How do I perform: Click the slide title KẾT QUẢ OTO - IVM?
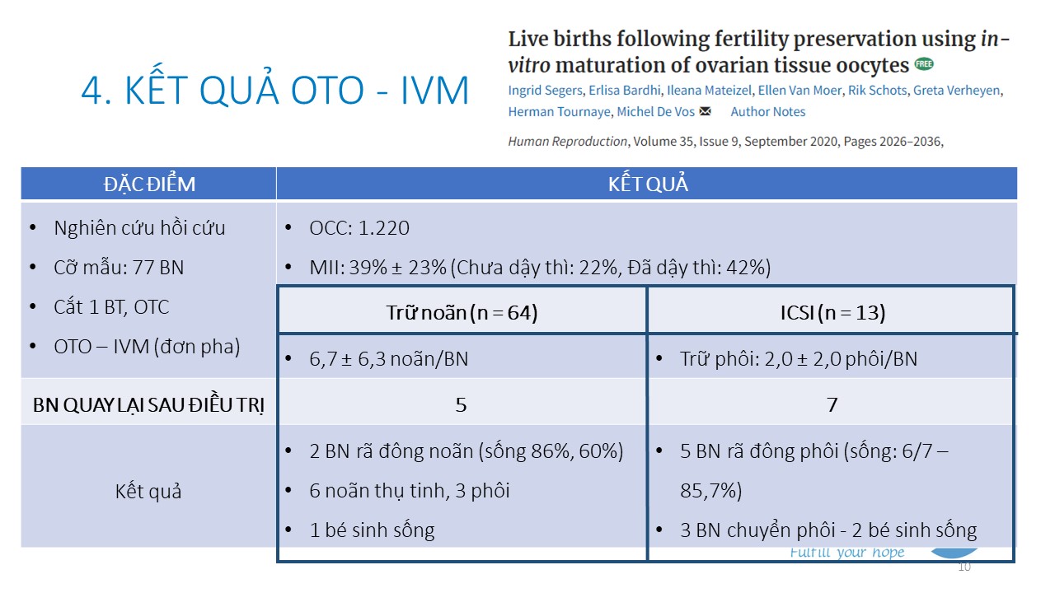(x=274, y=91)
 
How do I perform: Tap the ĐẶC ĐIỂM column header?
(x=149, y=184)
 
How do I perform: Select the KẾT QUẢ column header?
(x=647, y=184)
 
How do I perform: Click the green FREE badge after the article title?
(x=924, y=64)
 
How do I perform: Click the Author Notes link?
(x=768, y=112)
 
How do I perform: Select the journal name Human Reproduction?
(x=567, y=142)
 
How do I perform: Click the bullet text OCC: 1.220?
(x=359, y=228)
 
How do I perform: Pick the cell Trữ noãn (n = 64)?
(x=462, y=313)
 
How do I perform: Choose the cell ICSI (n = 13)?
(x=832, y=313)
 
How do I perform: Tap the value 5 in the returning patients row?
(x=462, y=404)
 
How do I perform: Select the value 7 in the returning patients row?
(x=832, y=404)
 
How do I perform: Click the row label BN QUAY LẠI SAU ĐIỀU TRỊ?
(x=148, y=405)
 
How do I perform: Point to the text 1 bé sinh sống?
(x=372, y=530)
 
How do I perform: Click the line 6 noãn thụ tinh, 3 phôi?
(x=410, y=491)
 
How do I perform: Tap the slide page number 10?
(x=964, y=567)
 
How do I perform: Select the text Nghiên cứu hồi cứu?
(x=139, y=228)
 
